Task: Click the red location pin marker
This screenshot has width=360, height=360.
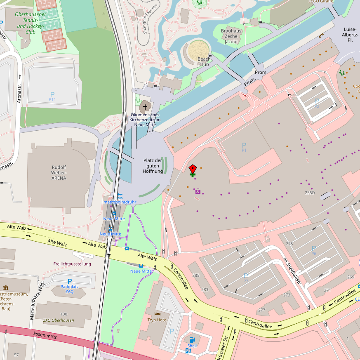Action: (193, 169)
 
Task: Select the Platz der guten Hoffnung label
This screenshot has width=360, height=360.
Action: (153, 165)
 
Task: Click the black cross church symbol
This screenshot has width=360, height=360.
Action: (145, 106)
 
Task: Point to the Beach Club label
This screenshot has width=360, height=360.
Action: (204, 61)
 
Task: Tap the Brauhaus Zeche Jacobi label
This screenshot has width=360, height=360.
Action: (231, 36)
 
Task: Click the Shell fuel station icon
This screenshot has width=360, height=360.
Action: (192, 339)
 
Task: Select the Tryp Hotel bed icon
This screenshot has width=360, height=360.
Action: (157, 313)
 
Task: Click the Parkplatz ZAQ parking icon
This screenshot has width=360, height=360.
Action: (70, 281)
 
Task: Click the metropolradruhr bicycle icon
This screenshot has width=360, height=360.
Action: (120, 197)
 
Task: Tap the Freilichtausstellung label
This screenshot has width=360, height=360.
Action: (72, 264)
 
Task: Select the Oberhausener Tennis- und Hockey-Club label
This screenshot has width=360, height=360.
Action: (30, 23)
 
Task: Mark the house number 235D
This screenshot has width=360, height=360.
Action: (310, 193)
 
